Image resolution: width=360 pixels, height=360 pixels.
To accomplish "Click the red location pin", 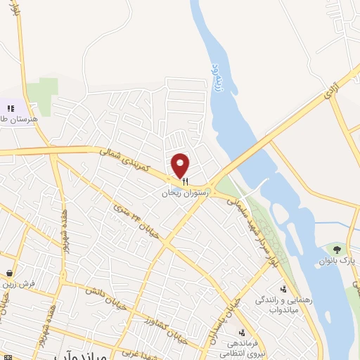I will [x=181, y=165].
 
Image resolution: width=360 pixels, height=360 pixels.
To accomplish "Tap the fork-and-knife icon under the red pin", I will [x=184, y=181].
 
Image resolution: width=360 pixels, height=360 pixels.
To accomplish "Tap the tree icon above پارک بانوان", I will [x=337, y=250].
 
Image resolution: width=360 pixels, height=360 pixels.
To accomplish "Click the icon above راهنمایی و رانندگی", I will [x=284, y=289].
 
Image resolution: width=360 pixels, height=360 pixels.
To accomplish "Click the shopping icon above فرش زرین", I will [x=8, y=274].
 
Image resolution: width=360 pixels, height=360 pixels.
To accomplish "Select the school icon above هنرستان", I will [x=11, y=108].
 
